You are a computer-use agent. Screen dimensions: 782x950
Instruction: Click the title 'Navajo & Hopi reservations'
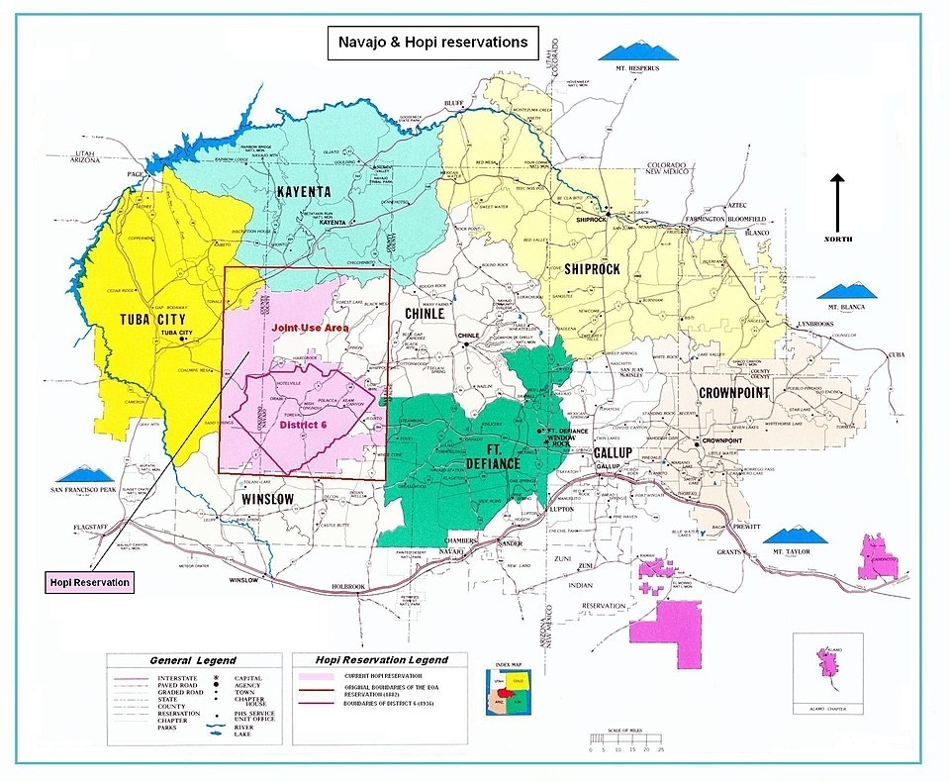(432, 44)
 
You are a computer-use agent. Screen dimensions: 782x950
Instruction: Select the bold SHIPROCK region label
(592, 268)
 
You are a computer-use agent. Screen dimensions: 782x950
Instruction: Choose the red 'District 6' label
(303, 425)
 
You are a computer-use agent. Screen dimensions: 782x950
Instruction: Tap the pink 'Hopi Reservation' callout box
(90, 582)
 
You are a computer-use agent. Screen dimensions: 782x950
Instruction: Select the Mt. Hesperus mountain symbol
(636, 50)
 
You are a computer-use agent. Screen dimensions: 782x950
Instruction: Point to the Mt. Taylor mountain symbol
(799, 537)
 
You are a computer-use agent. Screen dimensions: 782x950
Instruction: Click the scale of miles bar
(627, 738)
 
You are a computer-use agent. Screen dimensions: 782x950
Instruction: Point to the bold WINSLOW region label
(267, 499)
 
